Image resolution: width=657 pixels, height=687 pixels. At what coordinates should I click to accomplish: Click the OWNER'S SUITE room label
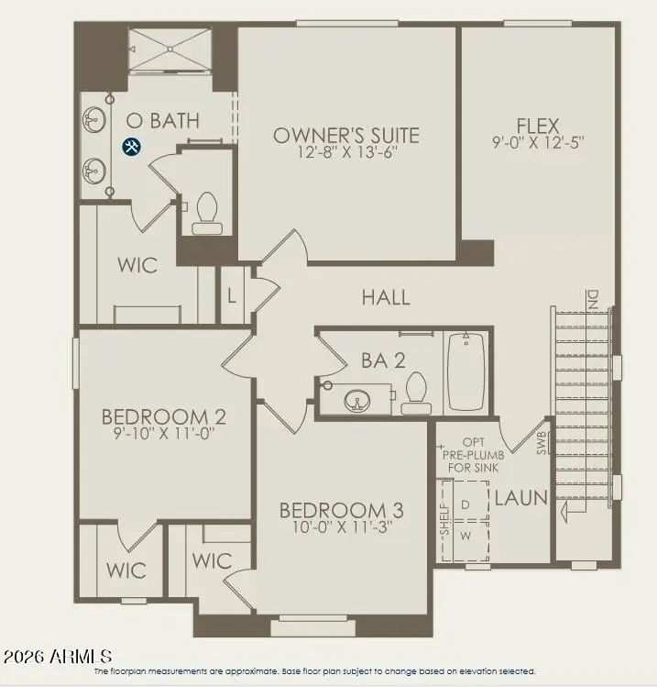click(x=346, y=136)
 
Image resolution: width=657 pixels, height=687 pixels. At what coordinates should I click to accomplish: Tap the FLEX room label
click(x=538, y=125)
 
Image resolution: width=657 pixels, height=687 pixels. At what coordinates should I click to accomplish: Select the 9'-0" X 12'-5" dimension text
click(x=538, y=143)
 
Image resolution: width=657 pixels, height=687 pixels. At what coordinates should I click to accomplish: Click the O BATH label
click(x=162, y=120)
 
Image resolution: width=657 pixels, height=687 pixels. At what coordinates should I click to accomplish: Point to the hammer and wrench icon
click(x=132, y=146)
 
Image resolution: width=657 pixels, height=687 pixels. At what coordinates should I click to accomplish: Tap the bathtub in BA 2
click(x=465, y=371)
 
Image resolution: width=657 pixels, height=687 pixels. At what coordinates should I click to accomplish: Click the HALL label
click(x=386, y=297)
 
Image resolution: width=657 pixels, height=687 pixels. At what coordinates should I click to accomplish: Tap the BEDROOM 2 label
click(x=163, y=417)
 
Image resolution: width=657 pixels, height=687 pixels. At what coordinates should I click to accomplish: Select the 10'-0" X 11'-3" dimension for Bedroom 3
click(x=341, y=529)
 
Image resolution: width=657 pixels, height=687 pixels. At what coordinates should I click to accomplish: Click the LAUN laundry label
click(x=520, y=498)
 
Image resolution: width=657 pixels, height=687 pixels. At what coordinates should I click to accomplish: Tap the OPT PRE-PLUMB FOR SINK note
click(x=473, y=454)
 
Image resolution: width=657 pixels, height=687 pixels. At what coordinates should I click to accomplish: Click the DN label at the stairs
click(x=593, y=298)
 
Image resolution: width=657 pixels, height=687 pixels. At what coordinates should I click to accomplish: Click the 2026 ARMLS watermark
click(x=58, y=657)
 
